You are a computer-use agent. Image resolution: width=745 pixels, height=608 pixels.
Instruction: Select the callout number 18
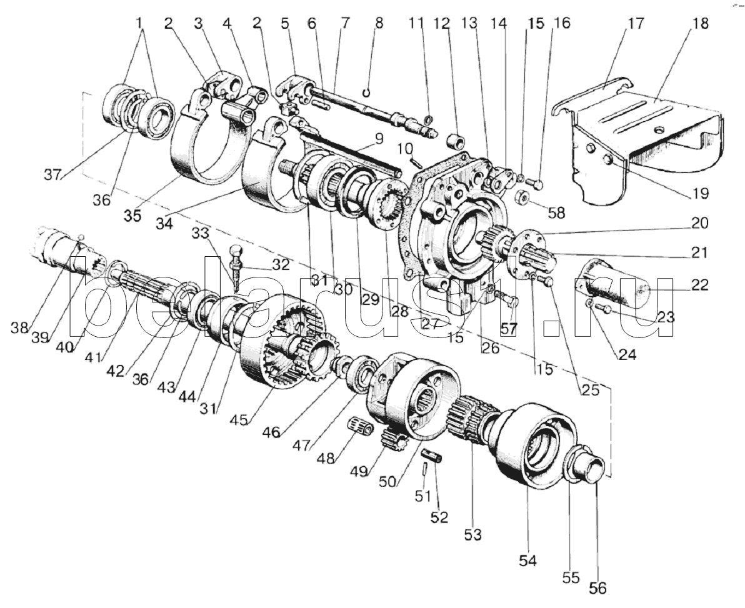tap(701, 24)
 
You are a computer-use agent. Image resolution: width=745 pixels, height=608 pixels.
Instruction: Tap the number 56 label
tap(597, 589)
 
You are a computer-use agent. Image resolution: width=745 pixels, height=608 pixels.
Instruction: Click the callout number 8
tap(378, 24)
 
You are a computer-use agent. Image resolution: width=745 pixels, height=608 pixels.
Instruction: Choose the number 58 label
tap(555, 212)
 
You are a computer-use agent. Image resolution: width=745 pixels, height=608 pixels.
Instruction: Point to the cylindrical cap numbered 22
tap(616, 287)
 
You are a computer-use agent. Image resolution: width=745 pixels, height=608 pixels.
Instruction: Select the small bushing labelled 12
tap(456, 137)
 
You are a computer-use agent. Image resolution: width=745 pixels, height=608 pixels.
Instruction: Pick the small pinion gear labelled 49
tap(393, 442)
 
